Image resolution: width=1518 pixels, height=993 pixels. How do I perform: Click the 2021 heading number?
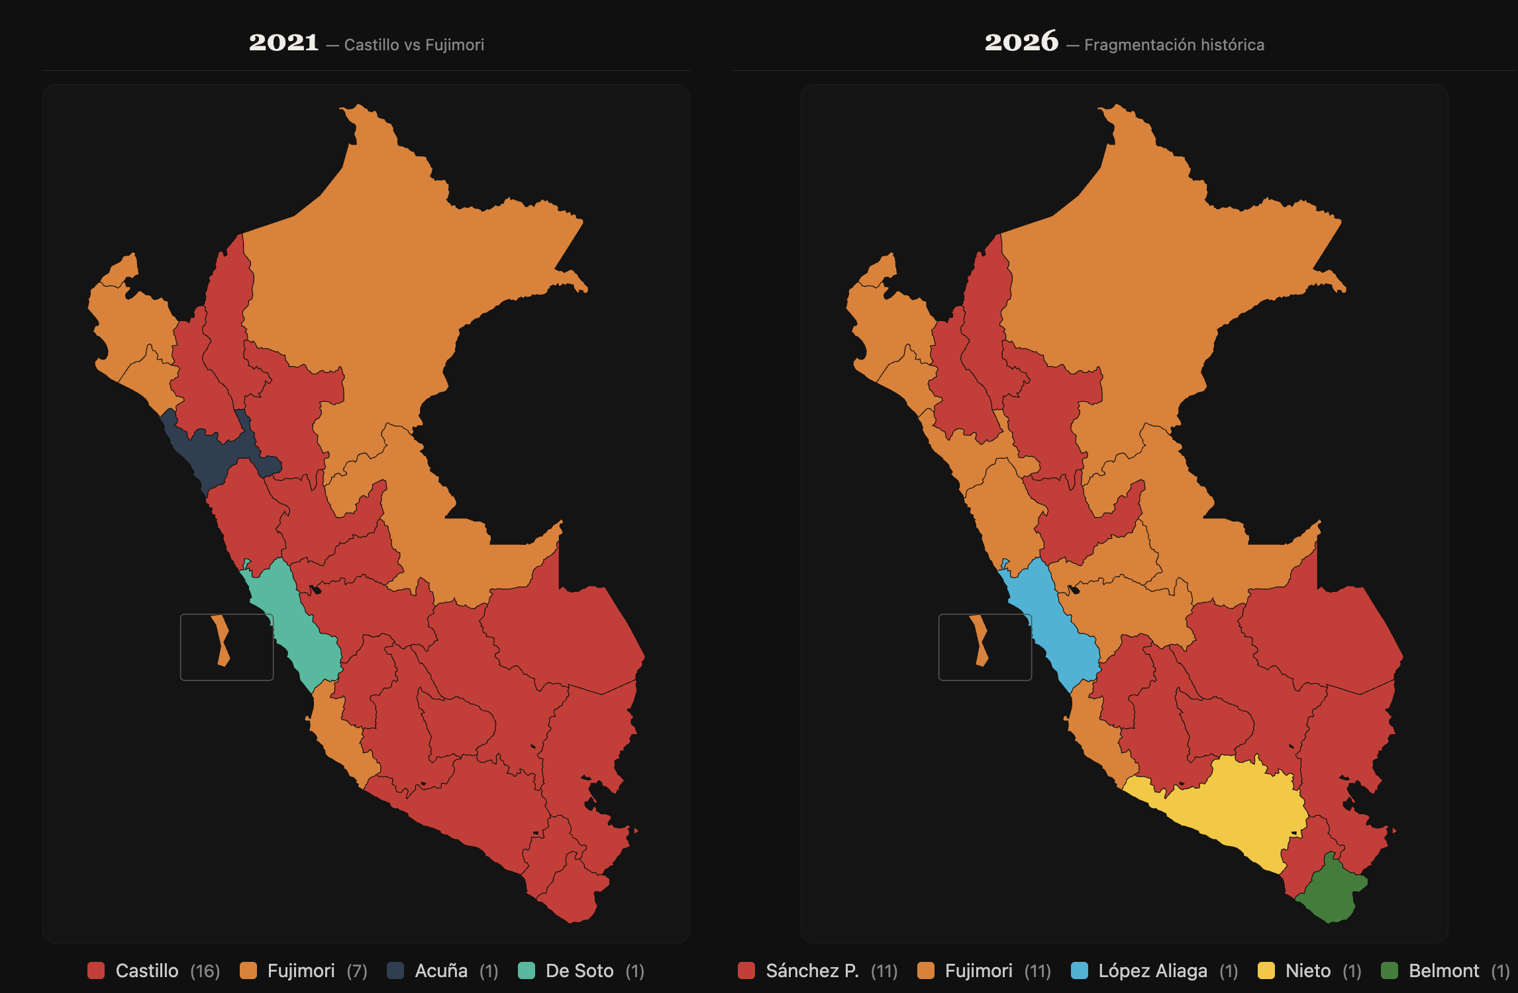283,42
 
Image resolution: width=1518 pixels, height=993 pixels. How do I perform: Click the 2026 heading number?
1021,42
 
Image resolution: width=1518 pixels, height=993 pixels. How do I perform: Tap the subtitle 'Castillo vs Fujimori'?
414,45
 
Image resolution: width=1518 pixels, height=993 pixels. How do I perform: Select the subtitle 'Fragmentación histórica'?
1174,45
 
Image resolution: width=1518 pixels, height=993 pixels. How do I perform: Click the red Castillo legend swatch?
96,970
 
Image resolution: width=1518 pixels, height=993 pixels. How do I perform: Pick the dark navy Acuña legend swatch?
395,970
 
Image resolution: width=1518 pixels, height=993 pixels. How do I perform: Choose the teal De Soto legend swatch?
526,970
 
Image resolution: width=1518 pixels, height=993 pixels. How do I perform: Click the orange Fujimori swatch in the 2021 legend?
248,970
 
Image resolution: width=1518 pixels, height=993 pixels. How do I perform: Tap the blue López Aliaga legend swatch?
1079,970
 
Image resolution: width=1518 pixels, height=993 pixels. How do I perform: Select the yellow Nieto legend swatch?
1266,970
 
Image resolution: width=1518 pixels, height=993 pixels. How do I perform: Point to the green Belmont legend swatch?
1390,970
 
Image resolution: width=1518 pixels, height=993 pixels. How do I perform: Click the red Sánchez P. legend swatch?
746,970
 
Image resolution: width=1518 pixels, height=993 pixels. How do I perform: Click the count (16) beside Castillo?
205,971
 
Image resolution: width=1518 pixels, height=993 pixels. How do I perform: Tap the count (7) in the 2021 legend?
357,971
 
